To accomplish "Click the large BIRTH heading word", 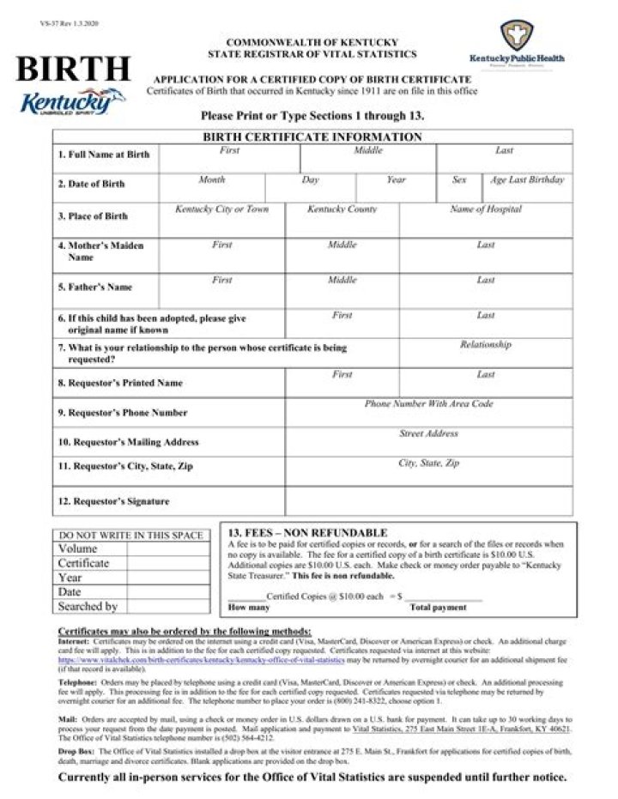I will click(73, 69).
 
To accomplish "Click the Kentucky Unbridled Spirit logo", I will click(72, 102).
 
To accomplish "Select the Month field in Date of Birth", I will click(212, 188).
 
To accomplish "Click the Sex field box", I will click(459, 188).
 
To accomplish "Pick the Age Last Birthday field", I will click(527, 188).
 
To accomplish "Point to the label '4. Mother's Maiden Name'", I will click(101, 251).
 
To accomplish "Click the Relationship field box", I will click(486, 353).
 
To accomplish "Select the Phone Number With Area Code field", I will click(429, 413).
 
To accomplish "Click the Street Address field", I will click(429, 442).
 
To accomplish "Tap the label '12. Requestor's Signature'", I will click(113, 501).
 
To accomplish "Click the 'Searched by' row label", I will click(88, 607).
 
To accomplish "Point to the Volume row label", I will click(78, 548).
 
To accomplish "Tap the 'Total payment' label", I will click(439, 608).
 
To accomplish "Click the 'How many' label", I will click(249, 608).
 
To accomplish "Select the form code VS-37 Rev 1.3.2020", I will click(70, 23).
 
